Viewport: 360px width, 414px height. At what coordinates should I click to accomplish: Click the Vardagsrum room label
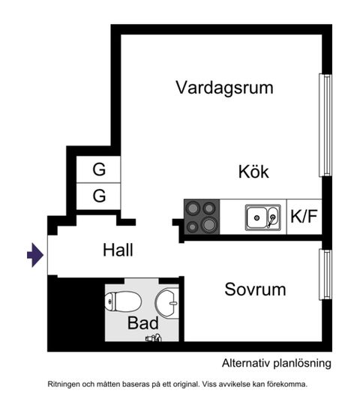(224, 87)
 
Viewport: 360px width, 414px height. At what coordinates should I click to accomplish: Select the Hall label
(118, 250)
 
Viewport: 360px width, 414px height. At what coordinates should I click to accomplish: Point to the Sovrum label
(255, 289)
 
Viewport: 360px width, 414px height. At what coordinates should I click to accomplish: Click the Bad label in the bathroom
(142, 323)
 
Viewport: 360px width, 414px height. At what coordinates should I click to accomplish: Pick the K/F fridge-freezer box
(304, 217)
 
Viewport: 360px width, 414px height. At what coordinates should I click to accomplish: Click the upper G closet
(99, 169)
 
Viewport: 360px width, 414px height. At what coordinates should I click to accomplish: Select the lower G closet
(99, 196)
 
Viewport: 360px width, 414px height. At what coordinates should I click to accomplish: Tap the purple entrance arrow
(34, 256)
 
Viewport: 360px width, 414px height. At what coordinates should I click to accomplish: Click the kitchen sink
(262, 218)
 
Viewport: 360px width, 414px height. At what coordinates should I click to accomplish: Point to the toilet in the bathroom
(123, 301)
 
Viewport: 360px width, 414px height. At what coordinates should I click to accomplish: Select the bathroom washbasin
(166, 302)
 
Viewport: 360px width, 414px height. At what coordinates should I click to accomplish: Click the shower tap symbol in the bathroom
(154, 338)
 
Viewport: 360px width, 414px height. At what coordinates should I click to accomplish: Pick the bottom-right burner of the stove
(209, 224)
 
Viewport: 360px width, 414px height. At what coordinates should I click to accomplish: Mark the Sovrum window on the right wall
(325, 274)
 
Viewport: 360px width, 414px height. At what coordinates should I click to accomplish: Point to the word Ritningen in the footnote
(67, 383)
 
